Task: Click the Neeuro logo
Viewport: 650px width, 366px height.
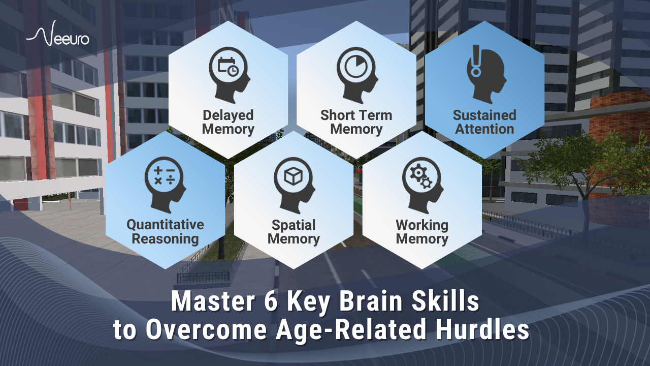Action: [58, 34]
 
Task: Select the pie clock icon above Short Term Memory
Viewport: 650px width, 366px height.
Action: [356, 67]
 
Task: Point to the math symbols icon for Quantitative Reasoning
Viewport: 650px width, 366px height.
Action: [164, 176]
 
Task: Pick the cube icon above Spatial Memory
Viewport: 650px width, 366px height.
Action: [293, 176]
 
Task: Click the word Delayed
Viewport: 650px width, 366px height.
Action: [228, 115]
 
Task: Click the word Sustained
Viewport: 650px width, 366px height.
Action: [484, 115]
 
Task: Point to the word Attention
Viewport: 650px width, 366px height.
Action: [484, 129]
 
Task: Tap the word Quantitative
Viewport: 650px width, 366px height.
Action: [166, 225]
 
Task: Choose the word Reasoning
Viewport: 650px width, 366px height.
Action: [166, 239]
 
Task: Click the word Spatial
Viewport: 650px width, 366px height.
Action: [294, 225]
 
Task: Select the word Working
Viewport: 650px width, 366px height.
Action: [422, 225]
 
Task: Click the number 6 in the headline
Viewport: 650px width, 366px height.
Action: [271, 301]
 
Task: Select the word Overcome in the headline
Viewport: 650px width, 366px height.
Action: [206, 330]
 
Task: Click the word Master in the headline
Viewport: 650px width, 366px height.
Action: [213, 301]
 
